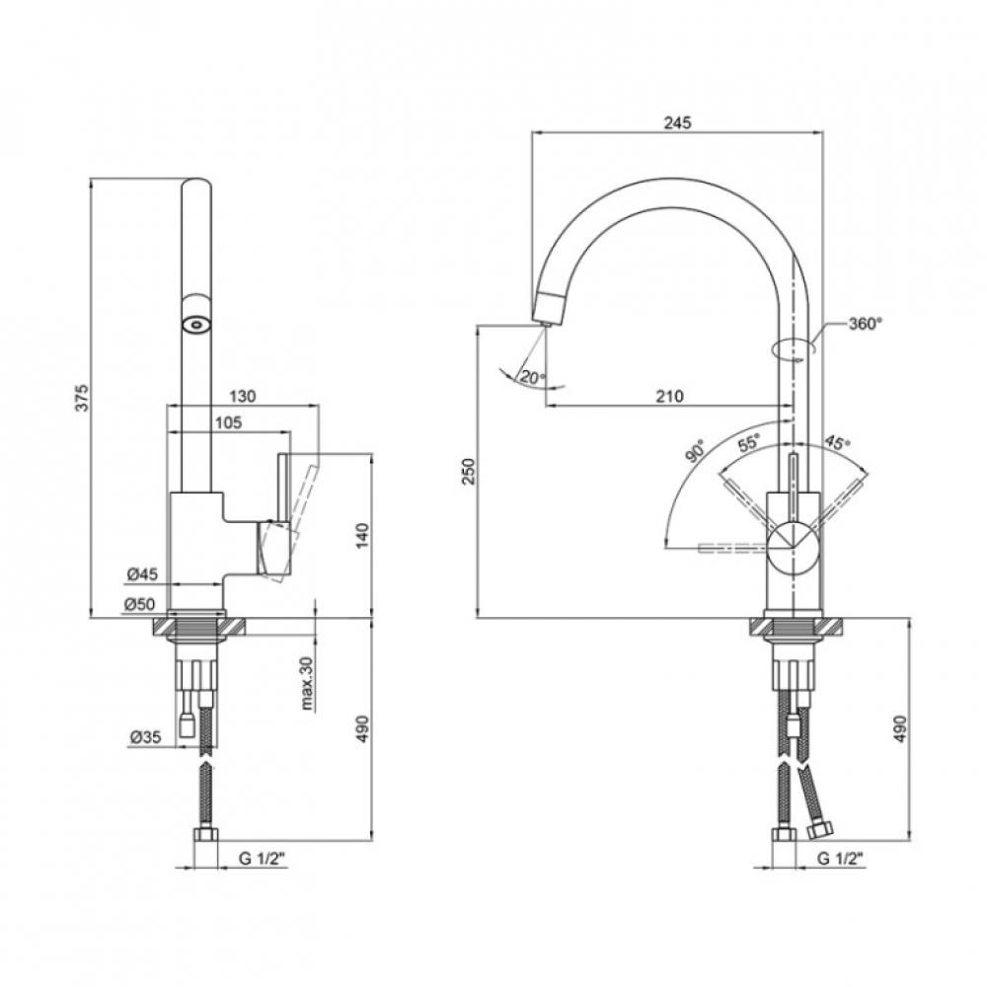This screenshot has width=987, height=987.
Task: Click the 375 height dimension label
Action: coord(83,398)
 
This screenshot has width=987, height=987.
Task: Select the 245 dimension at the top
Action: coord(677,122)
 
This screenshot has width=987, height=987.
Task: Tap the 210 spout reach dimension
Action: coord(670,396)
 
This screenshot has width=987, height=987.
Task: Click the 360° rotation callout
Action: coord(866,324)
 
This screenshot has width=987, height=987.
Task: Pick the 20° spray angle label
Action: coord(532,378)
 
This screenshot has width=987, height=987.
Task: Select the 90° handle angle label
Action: coord(695,451)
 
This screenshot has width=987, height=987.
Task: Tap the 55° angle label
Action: coord(749,442)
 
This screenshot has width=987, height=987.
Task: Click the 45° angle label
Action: coord(837,442)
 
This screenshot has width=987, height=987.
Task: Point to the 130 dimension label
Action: coord(243,396)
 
